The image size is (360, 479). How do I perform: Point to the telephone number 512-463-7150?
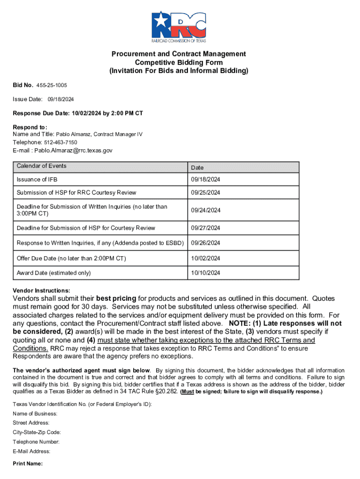(x=61, y=142)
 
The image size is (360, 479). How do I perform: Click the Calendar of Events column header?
(x=42, y=166)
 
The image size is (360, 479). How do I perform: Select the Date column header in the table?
(x=197, y=167)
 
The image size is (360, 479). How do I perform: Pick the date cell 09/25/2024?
(x=205, y=193)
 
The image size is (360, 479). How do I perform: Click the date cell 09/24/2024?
(x=205, y=210)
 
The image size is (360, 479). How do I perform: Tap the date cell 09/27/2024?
(x=205, y=228)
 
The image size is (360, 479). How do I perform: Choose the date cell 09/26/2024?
(x=205, y=243)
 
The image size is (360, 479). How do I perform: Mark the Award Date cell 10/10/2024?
(x=205, y=273)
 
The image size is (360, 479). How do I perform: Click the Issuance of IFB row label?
(x=37, y=180)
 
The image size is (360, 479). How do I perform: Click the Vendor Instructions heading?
(x=41, y=290)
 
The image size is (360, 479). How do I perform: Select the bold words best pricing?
(x=116, y=298)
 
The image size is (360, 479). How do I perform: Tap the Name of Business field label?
(x=35, y=414)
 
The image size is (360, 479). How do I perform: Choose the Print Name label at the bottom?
(x=28, y=464)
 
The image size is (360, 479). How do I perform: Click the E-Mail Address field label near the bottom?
(x=32, y=451)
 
